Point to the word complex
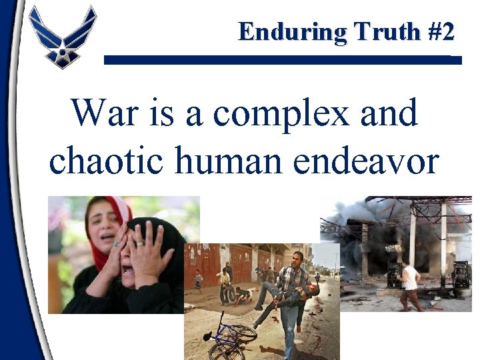pos(281,114)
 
